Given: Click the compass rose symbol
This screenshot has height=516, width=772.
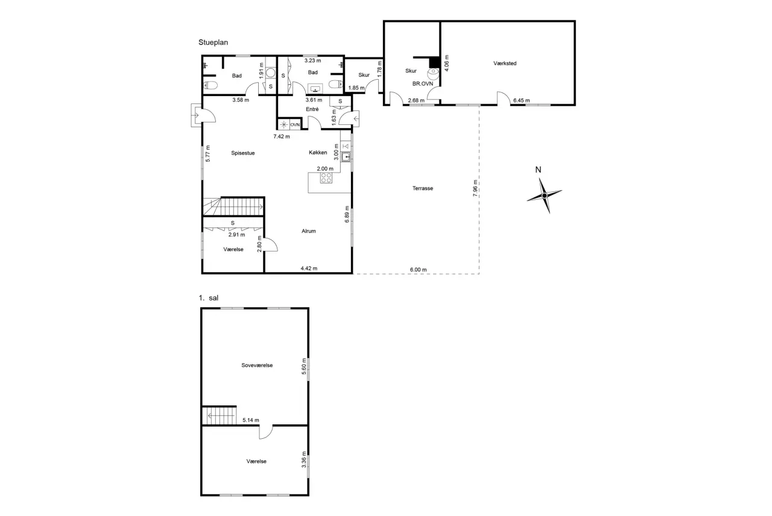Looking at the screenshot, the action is click(x=545, y=196).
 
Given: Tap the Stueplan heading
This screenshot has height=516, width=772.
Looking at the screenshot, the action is click(x=213, y=42).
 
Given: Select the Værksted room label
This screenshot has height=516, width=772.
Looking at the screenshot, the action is click(x=505, y=63).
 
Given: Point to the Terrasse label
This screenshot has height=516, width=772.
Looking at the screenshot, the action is click(x=423, y=188).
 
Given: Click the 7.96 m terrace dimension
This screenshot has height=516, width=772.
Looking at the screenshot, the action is click(x=475, y=188).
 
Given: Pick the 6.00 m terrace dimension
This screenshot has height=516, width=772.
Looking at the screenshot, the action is click(x=418, y=270).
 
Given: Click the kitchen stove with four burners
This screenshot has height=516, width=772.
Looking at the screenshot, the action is click(x=326, y=178).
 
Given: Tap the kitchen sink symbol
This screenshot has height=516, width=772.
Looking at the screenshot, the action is click(x=346, y=157).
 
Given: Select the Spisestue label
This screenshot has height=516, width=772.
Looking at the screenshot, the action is click(x=243, y=153).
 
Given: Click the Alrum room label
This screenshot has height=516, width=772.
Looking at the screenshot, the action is click(x=308, y=231).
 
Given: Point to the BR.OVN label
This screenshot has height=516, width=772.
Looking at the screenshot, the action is click(x=423, y=84).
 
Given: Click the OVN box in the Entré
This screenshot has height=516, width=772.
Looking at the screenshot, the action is click(x=295, y=124).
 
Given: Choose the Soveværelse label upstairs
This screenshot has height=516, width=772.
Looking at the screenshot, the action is click(x=257, y=365).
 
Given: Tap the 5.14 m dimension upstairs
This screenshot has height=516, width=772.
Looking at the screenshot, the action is click(x=250, y=420).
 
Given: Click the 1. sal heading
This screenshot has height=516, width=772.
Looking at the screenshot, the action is click(x=209, y=298).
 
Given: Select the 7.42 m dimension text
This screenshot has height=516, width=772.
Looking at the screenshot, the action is click(x=282, y=136).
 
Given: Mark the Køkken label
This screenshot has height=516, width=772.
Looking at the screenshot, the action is click(x=318, y=153).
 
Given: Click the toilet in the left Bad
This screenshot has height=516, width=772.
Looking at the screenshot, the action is click(x=210, y=85).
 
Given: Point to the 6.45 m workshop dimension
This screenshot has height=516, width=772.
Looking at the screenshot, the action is click(x=522, y=100).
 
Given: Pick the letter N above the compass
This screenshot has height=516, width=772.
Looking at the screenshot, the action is click(x=538, y=170).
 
